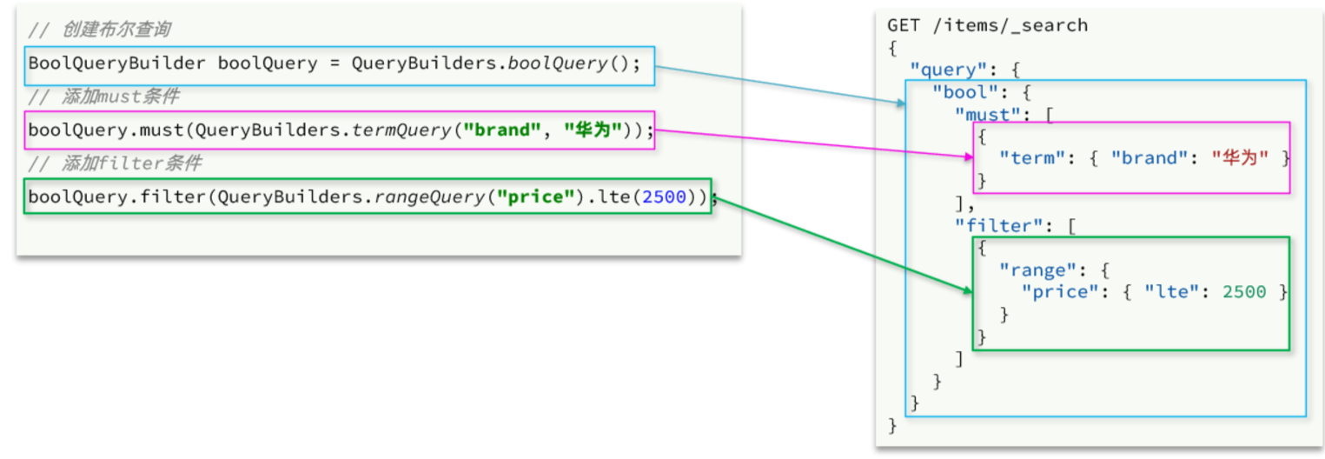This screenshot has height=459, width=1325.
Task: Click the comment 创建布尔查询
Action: point(116,30)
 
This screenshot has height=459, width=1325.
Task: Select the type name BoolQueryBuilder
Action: point(117,63)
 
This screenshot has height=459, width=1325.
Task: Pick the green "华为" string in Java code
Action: point(593,130)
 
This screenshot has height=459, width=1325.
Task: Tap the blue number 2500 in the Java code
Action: point(665,197)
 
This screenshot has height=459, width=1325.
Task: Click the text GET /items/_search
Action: point(987,25)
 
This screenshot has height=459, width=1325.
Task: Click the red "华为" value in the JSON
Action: point(1240,158)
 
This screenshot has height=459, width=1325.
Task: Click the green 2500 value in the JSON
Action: point(1243,292)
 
